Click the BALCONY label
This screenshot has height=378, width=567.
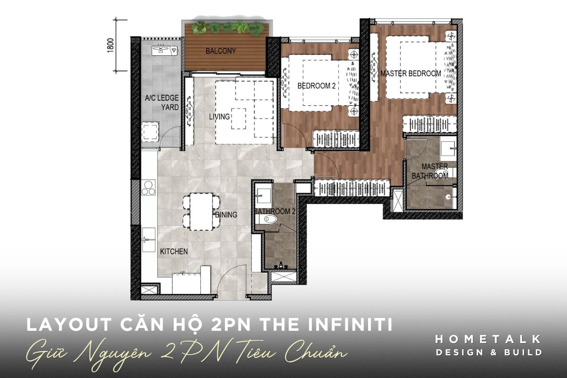(x=221, y=51)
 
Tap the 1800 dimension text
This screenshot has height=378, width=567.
(x=111, y=45)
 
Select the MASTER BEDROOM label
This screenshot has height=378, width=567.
(x=411, y=73)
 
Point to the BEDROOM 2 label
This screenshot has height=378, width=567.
(x=317, y=86)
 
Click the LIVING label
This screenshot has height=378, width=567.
(x=219, y=117)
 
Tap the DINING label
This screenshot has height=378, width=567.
(x=226, y=215)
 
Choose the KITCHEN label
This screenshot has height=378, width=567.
(x=174, y=251)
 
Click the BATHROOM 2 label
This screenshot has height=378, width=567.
(x=275, y=211)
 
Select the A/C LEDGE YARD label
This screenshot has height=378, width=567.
(x=162, y=103)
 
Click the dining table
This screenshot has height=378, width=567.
(x=201, y=212)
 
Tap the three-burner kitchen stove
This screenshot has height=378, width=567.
(x=148, y=188)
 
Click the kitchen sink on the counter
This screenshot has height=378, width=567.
(x=148, y=240)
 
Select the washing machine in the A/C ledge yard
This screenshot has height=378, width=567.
(x=150, y=132)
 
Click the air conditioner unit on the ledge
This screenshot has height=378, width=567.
(x=165, y=51)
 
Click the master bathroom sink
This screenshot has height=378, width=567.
(x=448, y=148)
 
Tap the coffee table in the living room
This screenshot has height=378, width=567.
(x=239, y=119)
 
